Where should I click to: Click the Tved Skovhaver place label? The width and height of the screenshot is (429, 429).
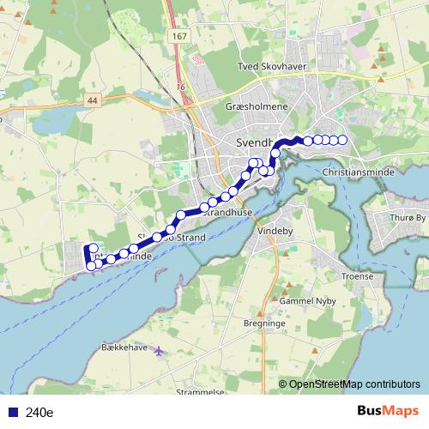pyautogui.click(x=272, y=65)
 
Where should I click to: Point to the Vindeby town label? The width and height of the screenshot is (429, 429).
pyautogui.click(x=275, y=231)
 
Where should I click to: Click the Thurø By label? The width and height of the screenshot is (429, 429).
pyautogui.click(x=408, y=218)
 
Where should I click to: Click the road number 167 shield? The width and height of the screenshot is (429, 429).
pyautogui.click(x=179, y=36)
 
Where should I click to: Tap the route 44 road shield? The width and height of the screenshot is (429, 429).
pyautogui.click(x=92, y=100)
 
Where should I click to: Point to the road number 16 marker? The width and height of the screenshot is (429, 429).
pyautogui.click(x=181, y=87)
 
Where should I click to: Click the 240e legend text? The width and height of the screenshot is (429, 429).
pyautogui.click(x=39, y=412)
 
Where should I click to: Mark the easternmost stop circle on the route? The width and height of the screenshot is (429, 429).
pyautogui.click(x=342, y=140)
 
